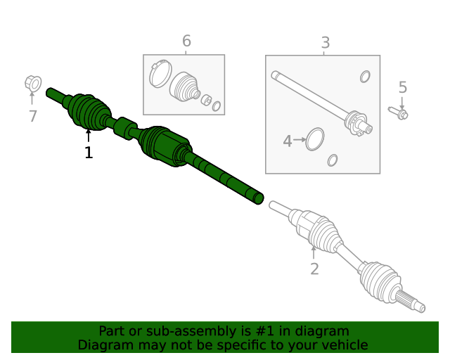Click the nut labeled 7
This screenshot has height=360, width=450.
pyautogui.click(x=32, y=83)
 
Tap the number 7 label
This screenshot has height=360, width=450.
pyautogui.click(x=32, y=117)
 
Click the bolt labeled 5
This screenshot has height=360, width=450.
pyautogui.click(x=398, y=112)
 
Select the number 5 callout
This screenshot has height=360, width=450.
pyautogui.click(x=402, y=88)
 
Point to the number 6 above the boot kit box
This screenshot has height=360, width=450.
pyautogui.click(x=186, y=41)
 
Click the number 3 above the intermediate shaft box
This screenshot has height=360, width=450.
pyautogui.click(x=325, y=44)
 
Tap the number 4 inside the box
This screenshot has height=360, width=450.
pyautogui.click(x=287, y=141)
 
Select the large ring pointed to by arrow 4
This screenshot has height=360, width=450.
pyautogui.click(x=316, y=139)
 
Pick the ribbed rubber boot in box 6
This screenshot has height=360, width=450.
pyautogui.click(x=186, y=86)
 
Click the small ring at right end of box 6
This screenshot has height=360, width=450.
pyautogui.click(x=217, y=106)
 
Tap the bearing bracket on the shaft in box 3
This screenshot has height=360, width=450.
pyautogui.click(x=357, y=122)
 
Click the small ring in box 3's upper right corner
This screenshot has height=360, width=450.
pyautogui.click(x=365, y=76)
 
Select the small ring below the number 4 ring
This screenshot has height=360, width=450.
pyautogui.click(x=333, y=160)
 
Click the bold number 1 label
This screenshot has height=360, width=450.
pyautogui.click(x=89, y=153)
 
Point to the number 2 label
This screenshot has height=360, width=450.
pyautogui.click(x=314, y=269)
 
